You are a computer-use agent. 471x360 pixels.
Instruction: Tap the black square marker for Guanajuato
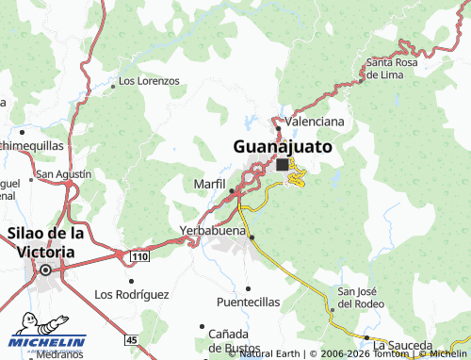(x=283, y=164)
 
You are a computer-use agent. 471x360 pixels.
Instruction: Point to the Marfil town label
(x=209, y=182)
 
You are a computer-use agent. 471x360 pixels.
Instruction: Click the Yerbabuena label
(x=213, y=230)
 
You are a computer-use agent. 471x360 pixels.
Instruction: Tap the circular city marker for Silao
(x=45, y=271)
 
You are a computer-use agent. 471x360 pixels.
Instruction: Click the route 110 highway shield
(x=139, y=256)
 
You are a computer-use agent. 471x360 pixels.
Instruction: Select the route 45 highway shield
(x=131, y=339)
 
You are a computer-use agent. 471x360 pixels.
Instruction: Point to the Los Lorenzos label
(x=150, y=81)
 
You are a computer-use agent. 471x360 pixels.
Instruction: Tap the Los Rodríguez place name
(x=132, y=294)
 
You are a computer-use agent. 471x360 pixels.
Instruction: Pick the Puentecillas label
(x=248, y=303)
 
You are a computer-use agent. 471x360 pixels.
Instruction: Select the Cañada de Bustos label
(x=229, y=341)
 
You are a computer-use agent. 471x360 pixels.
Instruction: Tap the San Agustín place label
(x=63, y=173)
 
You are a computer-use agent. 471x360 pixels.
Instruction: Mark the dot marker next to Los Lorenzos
(x=114, y=85)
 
